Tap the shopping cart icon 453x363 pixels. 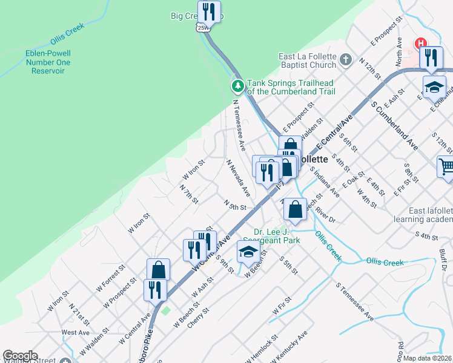(x=446, y=165)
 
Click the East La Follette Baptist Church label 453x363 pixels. (x=307, y=61)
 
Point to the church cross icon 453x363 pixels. (x=345, y=60)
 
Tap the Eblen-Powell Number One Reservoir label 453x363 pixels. (x=48, y=62)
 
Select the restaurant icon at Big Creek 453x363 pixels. (x=209, y=11)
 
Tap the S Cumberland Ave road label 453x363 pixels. (x=394, y=125)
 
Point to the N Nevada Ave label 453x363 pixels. (x=238, y=178)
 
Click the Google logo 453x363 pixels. (x=20, y=356)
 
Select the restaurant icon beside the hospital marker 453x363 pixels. (x=431, y=57)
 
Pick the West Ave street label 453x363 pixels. (x=76, y=332)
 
